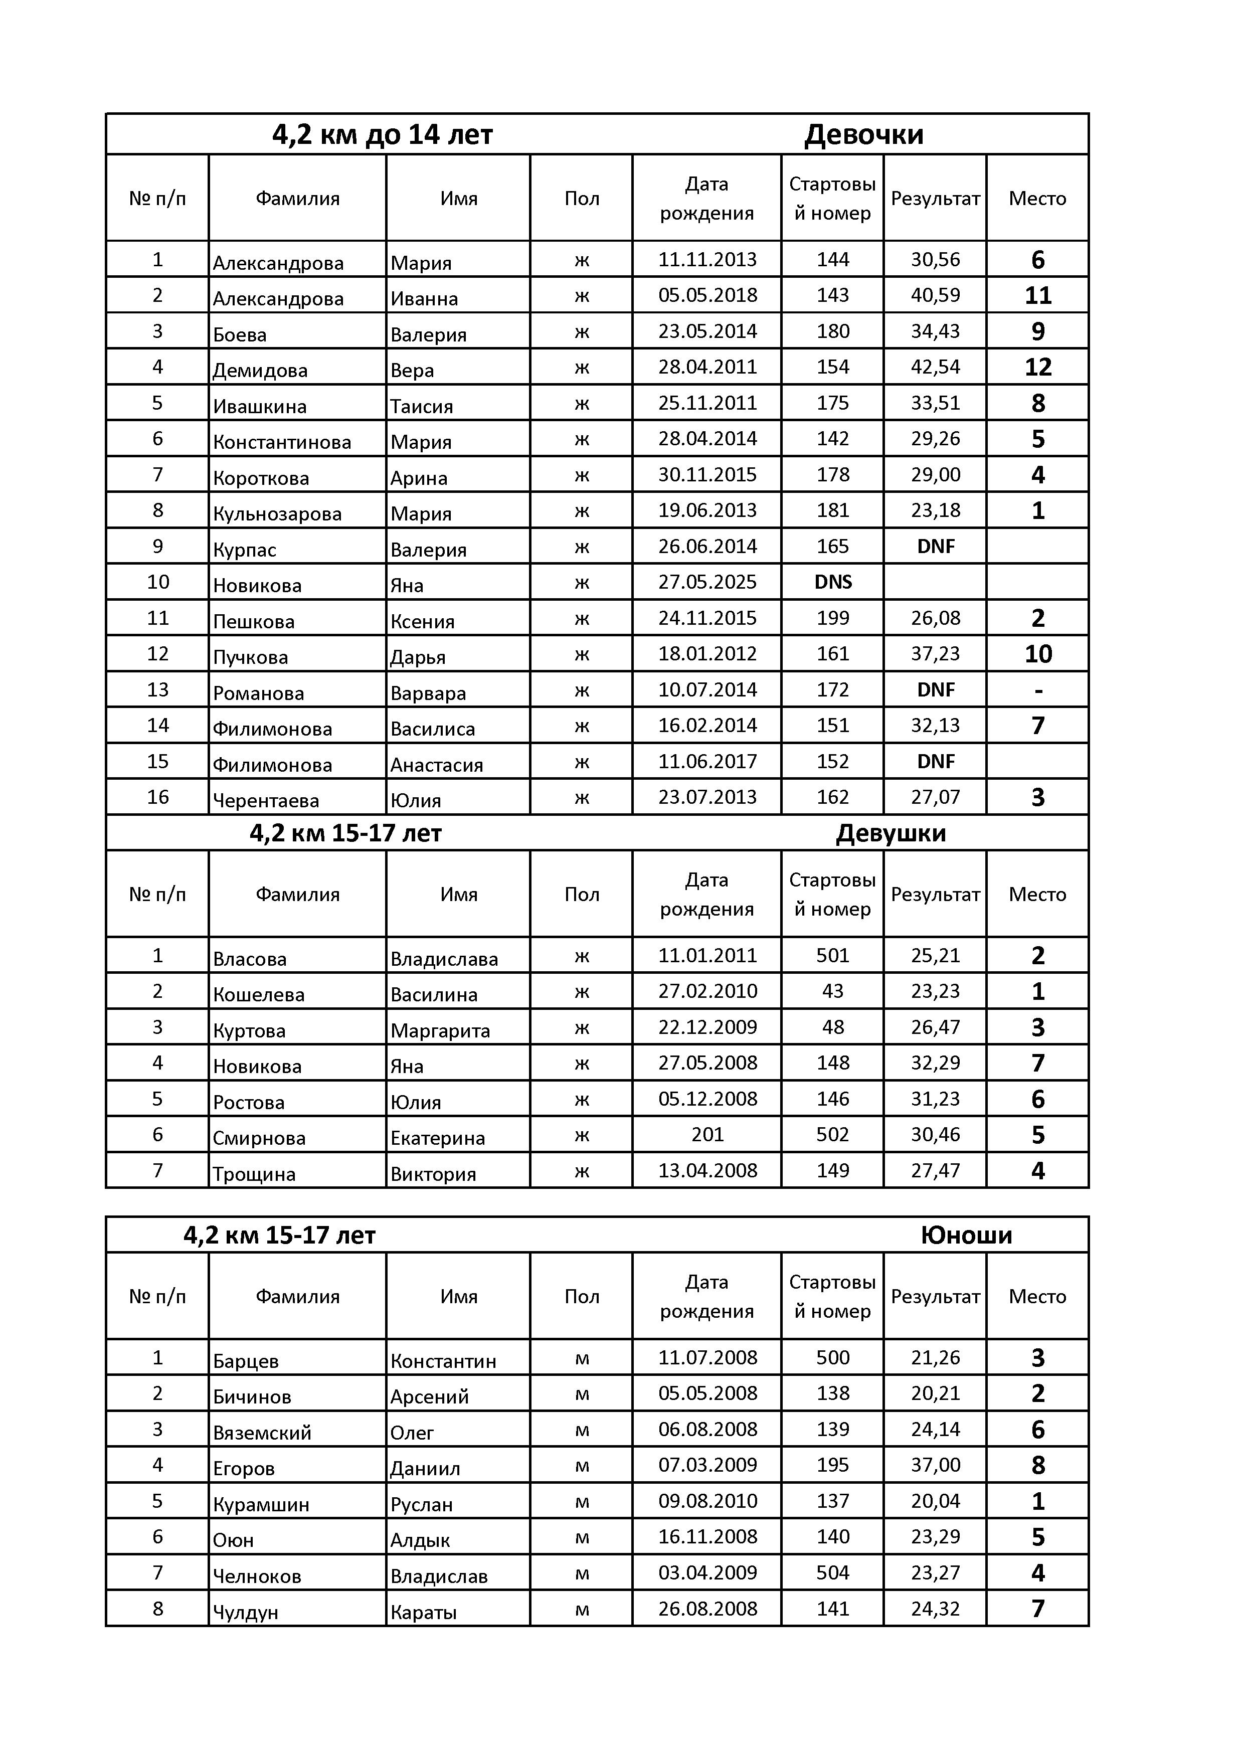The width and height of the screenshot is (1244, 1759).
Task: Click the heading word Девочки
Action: click(863, 135)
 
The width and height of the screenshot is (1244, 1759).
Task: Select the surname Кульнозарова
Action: click(277, 513)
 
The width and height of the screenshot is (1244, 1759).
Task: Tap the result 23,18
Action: click(935, 510)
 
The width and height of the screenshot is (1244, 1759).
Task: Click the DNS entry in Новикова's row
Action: click(833, 582)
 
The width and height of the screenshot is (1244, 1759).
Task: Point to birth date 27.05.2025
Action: click(707, 582)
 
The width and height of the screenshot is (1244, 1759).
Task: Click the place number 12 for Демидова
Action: click(1037, 367)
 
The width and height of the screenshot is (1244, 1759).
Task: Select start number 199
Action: click(833, 618)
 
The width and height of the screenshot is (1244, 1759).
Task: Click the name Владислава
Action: click(444, 959)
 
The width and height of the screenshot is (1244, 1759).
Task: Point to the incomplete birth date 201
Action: click(707, 1135)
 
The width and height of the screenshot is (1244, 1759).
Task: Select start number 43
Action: click(833, 991)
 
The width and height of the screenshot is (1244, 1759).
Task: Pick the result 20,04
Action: click(935, 1501)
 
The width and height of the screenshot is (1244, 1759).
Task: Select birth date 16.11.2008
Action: click(707, 1537)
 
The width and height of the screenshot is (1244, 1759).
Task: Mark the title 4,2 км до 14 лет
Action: click(382, 135)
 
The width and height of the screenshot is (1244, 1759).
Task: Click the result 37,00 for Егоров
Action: click(935, 1465)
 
